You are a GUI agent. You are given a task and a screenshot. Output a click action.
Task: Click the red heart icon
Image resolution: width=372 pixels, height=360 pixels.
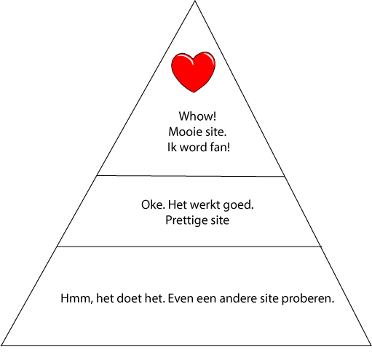[194, 72]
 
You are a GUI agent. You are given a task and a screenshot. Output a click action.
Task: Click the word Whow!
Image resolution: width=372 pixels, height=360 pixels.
[197, 116]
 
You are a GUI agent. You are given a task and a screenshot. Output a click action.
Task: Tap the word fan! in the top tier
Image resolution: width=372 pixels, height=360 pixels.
[219, 147]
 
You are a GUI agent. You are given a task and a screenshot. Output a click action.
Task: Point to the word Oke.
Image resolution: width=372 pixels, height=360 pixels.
[153, 204]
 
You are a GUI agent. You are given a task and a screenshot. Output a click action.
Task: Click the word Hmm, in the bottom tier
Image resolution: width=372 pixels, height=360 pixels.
[77, 299]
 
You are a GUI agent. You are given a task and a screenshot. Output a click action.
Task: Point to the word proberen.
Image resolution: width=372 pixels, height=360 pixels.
[308, 299]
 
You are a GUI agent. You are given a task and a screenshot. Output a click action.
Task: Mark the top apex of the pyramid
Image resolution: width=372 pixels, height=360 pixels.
[195, 1]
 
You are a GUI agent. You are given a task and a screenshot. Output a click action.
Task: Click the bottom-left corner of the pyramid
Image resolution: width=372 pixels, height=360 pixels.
[1, 345]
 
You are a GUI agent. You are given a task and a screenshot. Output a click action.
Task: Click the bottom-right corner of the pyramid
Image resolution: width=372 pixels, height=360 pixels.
[371, 345]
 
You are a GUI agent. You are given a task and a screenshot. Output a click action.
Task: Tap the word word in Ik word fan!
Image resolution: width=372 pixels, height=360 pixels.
[193, 147]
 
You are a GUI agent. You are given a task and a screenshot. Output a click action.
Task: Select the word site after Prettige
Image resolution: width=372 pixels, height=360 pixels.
[220, 220]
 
